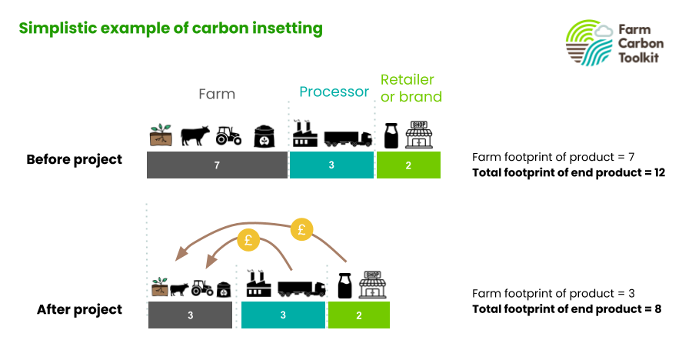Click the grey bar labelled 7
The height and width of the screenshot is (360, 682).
(x=217, y=165)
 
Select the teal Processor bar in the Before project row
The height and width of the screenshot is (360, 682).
(x=331, y=165)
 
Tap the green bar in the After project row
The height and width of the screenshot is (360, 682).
(x=359, y=315)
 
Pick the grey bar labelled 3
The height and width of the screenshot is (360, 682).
(x=190, y=315)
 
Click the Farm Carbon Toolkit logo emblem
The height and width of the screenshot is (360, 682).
(x=590, y=42)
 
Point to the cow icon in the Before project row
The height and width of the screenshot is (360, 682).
(x=195, y=136)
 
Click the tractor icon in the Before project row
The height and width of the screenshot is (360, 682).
(x=228, y=135)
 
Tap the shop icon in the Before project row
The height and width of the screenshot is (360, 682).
(x=419, y=135)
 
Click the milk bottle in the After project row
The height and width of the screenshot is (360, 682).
(x=345, y=285)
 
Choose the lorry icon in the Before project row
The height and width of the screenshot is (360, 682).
(x=348, y=139)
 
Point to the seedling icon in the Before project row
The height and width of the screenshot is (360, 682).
(x=161, y=135)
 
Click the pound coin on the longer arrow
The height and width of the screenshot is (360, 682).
(x=302, y=229)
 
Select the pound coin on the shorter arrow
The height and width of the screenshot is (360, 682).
(x=248, y=240)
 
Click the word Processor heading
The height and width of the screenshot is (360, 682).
(x=334, y=92)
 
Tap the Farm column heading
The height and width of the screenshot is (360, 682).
(x=217, y=94)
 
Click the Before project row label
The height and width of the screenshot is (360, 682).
(x=75, y=160)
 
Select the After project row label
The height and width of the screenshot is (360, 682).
(x=80, y=309)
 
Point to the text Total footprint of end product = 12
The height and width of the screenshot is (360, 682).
(x=569, y=173)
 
